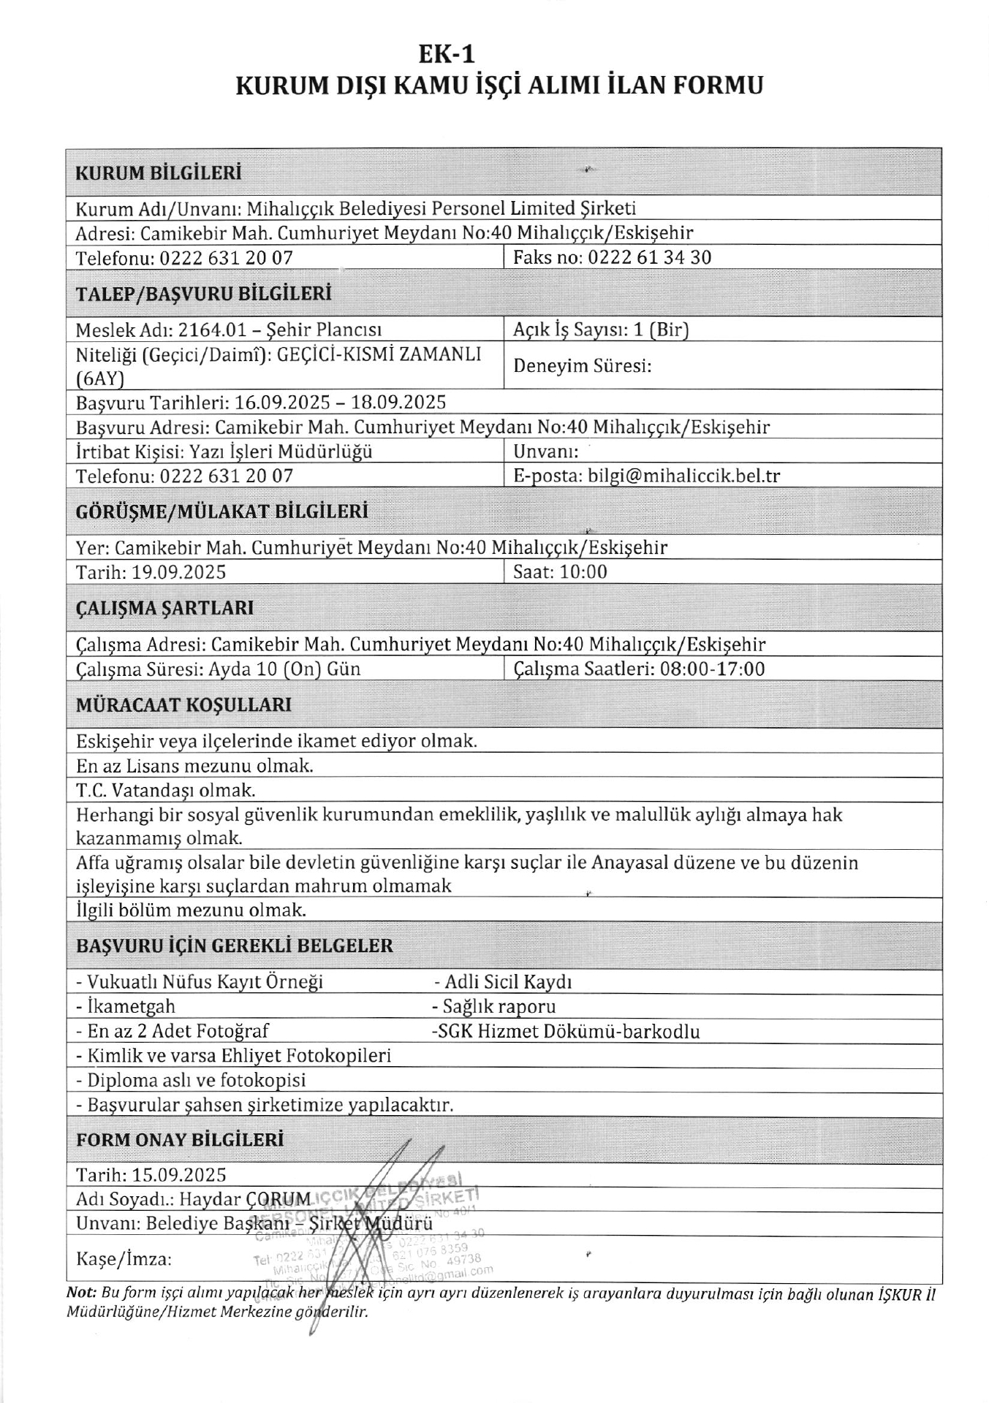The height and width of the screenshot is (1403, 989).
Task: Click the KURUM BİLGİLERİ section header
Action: [x=159, y=173]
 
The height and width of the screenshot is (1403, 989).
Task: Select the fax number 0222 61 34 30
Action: [x=649, y=257]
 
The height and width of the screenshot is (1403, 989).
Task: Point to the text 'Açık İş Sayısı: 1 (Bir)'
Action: [x=601, y=330]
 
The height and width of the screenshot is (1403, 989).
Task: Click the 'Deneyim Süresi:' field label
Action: [x=582, y=365]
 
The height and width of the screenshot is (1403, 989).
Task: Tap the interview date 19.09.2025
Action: [x=178, y=571]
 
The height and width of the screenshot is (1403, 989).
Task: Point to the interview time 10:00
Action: [x=583, y=571]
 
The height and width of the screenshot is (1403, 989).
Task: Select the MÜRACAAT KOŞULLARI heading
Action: [x=183, y=705]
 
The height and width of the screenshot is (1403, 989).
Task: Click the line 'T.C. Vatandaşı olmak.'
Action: [x=166, y=790]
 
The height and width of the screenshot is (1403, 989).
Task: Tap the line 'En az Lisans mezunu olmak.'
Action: [x=195, y=766]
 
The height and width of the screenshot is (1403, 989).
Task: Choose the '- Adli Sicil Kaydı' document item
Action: [x=503, y=982]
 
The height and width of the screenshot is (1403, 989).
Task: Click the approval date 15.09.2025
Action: [x=179, y=1175]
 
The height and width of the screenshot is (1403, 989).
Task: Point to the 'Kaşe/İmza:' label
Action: [x=124, y=1259]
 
